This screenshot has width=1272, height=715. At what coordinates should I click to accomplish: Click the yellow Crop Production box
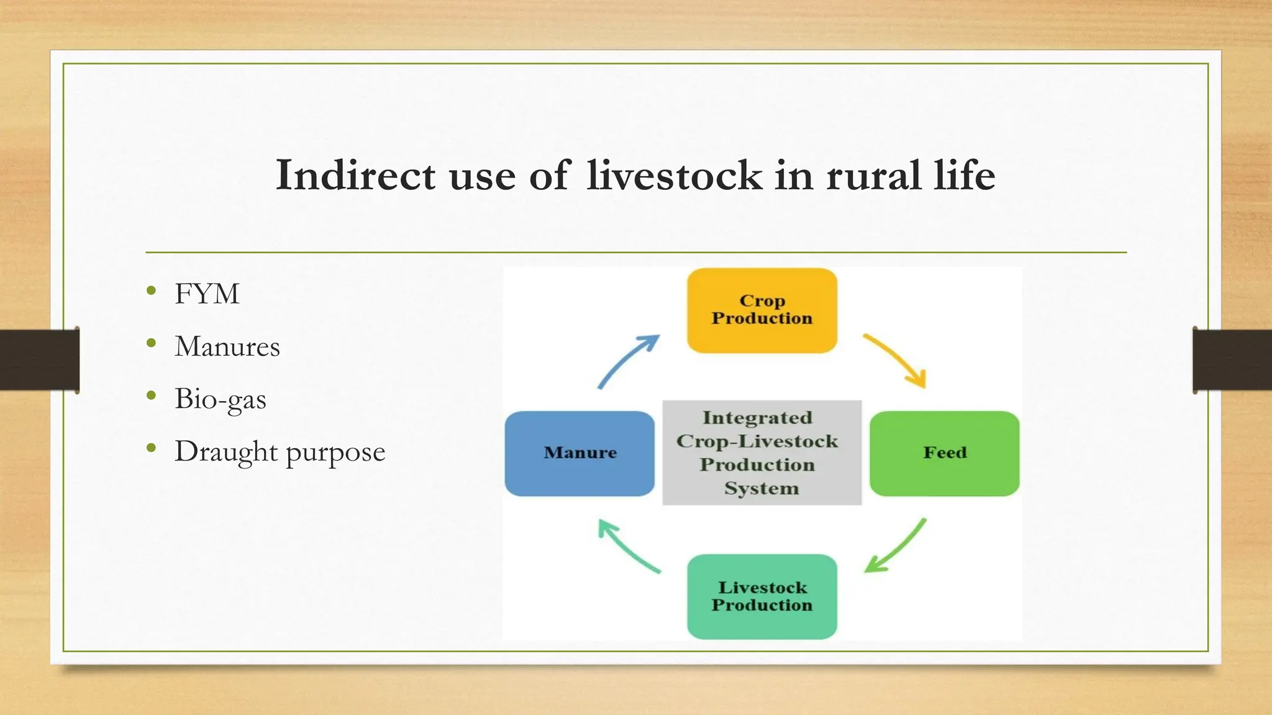coord(762,310)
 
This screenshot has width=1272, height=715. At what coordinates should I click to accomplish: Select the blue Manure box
coord(579,453)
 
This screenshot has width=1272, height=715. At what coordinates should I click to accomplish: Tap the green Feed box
coord(944,453)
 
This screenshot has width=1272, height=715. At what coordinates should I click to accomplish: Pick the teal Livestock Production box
coord(762,596)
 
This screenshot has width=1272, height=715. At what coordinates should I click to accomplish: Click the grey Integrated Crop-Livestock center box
coord(761,452)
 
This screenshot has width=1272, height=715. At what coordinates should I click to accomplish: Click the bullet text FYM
coord(207,294)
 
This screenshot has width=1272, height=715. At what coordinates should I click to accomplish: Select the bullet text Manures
coord(227,347)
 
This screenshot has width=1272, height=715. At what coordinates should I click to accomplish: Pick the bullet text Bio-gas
coord(220,399)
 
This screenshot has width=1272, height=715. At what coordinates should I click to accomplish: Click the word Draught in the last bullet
coord(226,452)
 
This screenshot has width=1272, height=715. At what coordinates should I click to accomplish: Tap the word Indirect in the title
coord(355,176)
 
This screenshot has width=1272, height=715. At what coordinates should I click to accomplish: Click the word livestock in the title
coord(675,176)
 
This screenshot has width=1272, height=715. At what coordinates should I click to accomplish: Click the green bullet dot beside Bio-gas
coord(152,395)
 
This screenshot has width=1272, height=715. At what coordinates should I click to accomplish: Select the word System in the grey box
coord(761,488)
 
